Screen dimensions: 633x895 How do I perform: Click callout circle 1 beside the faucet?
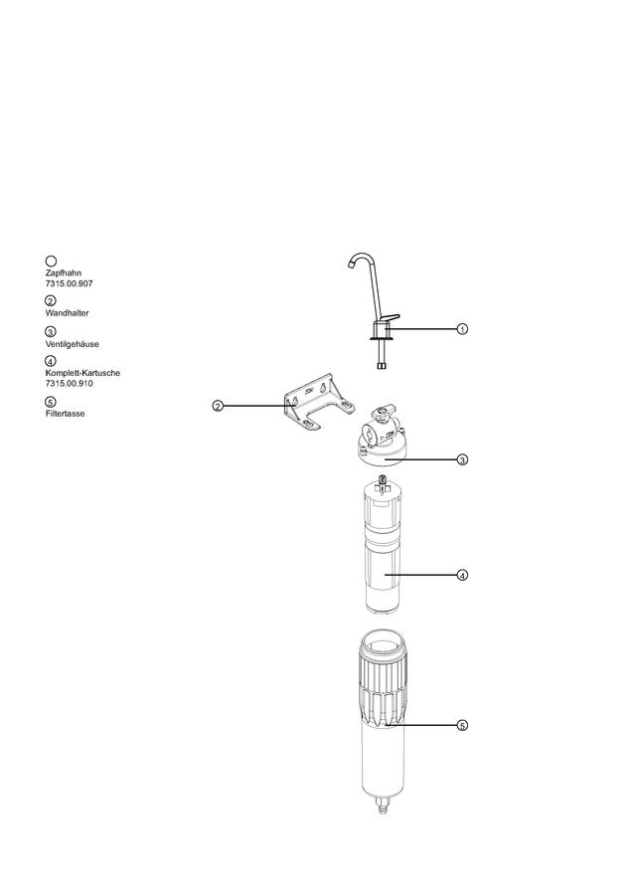pos(462,329)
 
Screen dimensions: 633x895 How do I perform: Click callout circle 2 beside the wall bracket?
pos(218,406)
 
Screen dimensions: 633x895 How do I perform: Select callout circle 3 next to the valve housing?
pos(462,458)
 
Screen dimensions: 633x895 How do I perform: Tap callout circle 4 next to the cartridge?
pos(462,575)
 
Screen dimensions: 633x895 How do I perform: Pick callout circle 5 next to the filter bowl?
pos(462,726)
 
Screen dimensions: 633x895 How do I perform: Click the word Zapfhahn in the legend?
pos(64,272)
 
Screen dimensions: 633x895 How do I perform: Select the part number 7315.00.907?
pos(69,283)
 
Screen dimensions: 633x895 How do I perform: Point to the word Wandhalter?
pos(68,313)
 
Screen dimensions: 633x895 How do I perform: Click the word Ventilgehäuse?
pos(72,344)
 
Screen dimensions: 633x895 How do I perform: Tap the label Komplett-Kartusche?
pos(82,373)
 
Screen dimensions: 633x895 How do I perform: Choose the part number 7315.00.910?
pos(69,383)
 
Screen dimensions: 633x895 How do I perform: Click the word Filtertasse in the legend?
pos(65,414)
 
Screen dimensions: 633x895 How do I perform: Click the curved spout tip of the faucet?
pos(350,265)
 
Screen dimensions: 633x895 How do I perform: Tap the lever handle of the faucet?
pos(392,318)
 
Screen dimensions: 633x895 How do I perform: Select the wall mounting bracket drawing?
pos(318,404)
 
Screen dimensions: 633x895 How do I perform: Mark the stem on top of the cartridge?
pos(383,484)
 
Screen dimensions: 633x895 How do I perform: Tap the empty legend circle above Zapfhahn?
pos(51,262)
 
